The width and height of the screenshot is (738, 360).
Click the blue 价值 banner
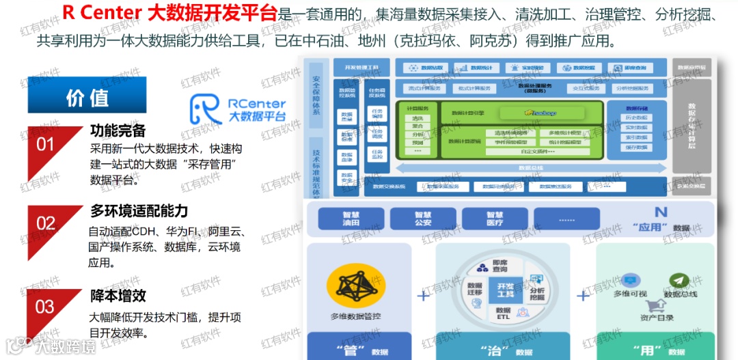click(x=87, y=96)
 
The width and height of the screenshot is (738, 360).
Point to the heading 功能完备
click(x=118, y=130)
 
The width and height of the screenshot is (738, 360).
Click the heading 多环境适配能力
click(x=139, y=210)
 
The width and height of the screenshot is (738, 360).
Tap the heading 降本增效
click(x=118, y=296)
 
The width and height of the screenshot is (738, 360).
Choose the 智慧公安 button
click(x=422, y=219)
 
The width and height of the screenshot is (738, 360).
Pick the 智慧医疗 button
click(x=495, y=219)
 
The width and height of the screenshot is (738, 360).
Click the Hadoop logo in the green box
click(x=539, y=112)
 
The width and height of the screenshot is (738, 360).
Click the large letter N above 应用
click(x=660, y=212)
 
